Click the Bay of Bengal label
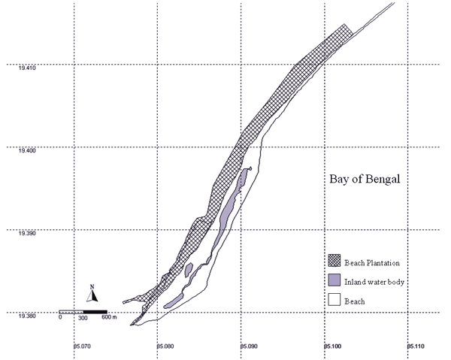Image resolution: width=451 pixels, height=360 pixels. coord(365,179)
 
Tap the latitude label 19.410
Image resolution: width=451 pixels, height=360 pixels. coord(27,68)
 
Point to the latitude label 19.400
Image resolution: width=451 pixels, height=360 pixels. coord(27,150)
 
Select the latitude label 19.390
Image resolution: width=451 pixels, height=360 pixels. coord(27,233)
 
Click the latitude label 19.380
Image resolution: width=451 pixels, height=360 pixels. coord(27,316)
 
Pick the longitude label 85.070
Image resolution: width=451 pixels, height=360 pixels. coord(82,346)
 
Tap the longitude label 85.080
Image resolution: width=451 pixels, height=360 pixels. coord(165,346)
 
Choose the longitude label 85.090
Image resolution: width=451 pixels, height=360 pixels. coord(249,346)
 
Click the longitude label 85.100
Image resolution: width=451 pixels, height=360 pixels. coord(333,346)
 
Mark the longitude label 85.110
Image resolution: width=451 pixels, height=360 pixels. coord(416,346)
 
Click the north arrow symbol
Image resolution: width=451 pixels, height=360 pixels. coord(92,293)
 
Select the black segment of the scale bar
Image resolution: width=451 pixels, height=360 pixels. coord(95,312)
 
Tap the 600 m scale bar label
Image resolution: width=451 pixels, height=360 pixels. coord(109,317)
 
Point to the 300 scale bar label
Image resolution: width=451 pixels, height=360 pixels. coord(83,318)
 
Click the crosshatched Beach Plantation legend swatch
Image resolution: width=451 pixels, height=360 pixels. coord(334,261)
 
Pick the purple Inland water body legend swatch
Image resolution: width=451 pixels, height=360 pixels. coord(334,280)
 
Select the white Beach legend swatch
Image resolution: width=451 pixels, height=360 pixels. coord(334,299)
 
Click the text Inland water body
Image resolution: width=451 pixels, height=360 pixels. coord(374,282)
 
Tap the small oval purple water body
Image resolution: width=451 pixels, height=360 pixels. coord(189,270)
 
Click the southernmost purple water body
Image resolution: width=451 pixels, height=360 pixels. coord(173,301)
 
